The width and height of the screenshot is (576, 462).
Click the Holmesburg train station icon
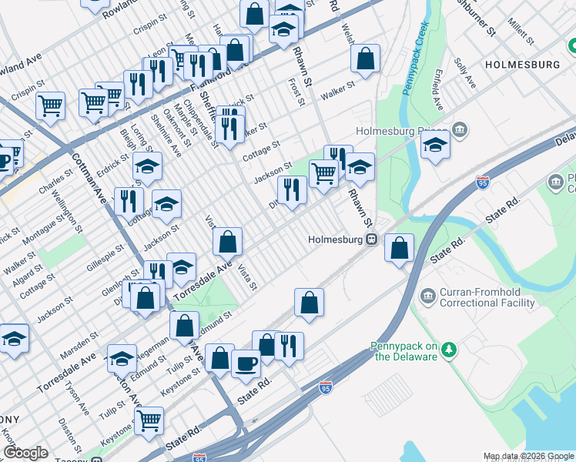(371, 239)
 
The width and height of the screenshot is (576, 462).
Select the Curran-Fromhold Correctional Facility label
(487, 297)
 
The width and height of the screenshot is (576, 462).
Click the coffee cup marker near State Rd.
(246, 362)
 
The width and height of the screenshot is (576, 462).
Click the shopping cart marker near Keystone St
(149, 420)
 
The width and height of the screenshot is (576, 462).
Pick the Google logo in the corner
(25, 453)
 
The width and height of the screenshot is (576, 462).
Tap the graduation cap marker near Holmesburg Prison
(435, 144)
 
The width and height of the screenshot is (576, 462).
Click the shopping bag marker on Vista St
(228, 243)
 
